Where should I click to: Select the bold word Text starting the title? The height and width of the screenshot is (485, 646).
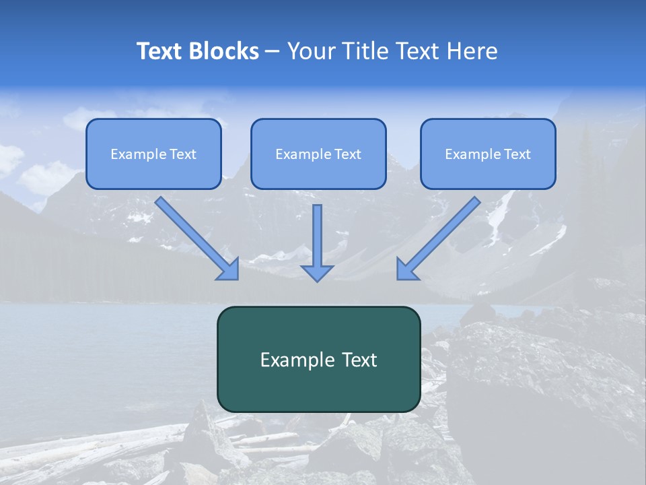[x=161, y=51]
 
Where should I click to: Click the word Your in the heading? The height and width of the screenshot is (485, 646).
[x=311, y=51]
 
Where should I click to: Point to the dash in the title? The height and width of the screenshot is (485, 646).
[x=273, y=52]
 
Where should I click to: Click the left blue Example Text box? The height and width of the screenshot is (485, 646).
[x=153, y=154]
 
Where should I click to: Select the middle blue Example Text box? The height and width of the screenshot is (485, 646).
[x=318, y=154]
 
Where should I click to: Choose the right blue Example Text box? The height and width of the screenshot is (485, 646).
[x=488, y=154]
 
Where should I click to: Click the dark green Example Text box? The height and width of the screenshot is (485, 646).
[x=318, y=359]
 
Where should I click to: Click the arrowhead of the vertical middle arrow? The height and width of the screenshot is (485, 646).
[x=317, y=273]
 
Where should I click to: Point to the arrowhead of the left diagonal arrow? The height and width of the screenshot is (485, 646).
[x=230, y=270]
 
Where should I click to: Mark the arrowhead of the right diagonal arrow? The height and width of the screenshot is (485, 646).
[x=406, y=270]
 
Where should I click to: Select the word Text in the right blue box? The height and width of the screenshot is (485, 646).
[x=517, y=154]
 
